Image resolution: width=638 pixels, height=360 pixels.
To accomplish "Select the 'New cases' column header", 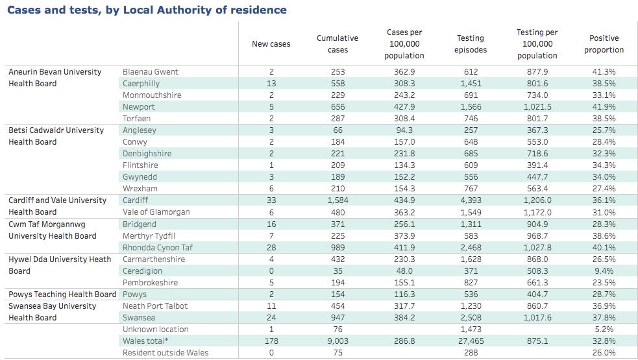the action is [271, 44].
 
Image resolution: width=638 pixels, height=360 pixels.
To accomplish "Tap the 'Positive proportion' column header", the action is [604, 44].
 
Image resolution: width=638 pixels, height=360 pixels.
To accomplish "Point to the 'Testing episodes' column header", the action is [471, 44].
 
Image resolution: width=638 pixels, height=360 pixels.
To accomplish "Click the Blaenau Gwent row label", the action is [151, 72].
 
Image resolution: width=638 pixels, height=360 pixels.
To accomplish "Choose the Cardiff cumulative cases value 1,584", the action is [337, 200].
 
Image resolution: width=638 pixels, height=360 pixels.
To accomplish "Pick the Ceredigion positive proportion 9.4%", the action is [604, 271].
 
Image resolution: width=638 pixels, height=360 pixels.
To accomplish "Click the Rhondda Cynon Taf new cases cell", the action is [271, 248].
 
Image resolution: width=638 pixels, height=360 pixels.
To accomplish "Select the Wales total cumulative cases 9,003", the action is [337, 341].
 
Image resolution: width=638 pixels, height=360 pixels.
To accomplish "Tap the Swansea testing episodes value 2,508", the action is [471, 318].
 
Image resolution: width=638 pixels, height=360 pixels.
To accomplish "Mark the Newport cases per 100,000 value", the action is [404, 107].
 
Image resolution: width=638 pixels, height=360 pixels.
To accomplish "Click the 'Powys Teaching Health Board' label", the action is [62, 294].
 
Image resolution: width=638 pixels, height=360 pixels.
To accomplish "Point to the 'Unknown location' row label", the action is [155, 330].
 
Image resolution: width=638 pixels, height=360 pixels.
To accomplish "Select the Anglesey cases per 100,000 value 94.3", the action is [404, 130].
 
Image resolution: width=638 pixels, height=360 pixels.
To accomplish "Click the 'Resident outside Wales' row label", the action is [166, 353].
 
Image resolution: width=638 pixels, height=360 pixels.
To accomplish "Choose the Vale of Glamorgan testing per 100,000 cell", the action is [537, 212].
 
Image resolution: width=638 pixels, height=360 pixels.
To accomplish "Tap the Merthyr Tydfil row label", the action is [149, 236].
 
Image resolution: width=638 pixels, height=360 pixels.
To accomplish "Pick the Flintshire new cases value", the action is [271, 165].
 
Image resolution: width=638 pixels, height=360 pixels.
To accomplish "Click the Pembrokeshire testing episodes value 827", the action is [471, 283].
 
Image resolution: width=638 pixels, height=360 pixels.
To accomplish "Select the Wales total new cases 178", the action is [271, 341].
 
